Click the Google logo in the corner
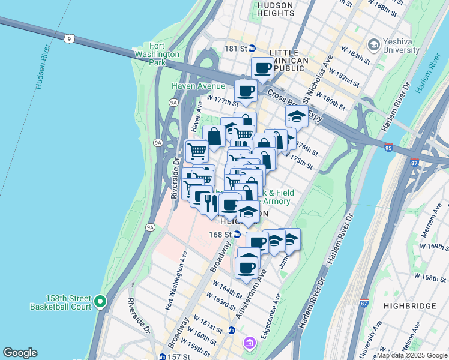(x=20, y=353)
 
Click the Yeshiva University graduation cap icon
(x=374, y=44)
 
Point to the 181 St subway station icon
(x=253, y=48)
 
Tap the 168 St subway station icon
(x=237, y=234)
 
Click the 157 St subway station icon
(x=163, y=356)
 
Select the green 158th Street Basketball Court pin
(x=101, y=301)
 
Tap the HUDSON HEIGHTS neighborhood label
(x=274, y=10)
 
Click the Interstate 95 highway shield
(x=390, y=146)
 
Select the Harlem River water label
(x=429, y=77)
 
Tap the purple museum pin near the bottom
(x=249, y=343)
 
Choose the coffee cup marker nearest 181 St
(x=262, y=68)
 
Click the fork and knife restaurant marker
(x=211, y=203)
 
